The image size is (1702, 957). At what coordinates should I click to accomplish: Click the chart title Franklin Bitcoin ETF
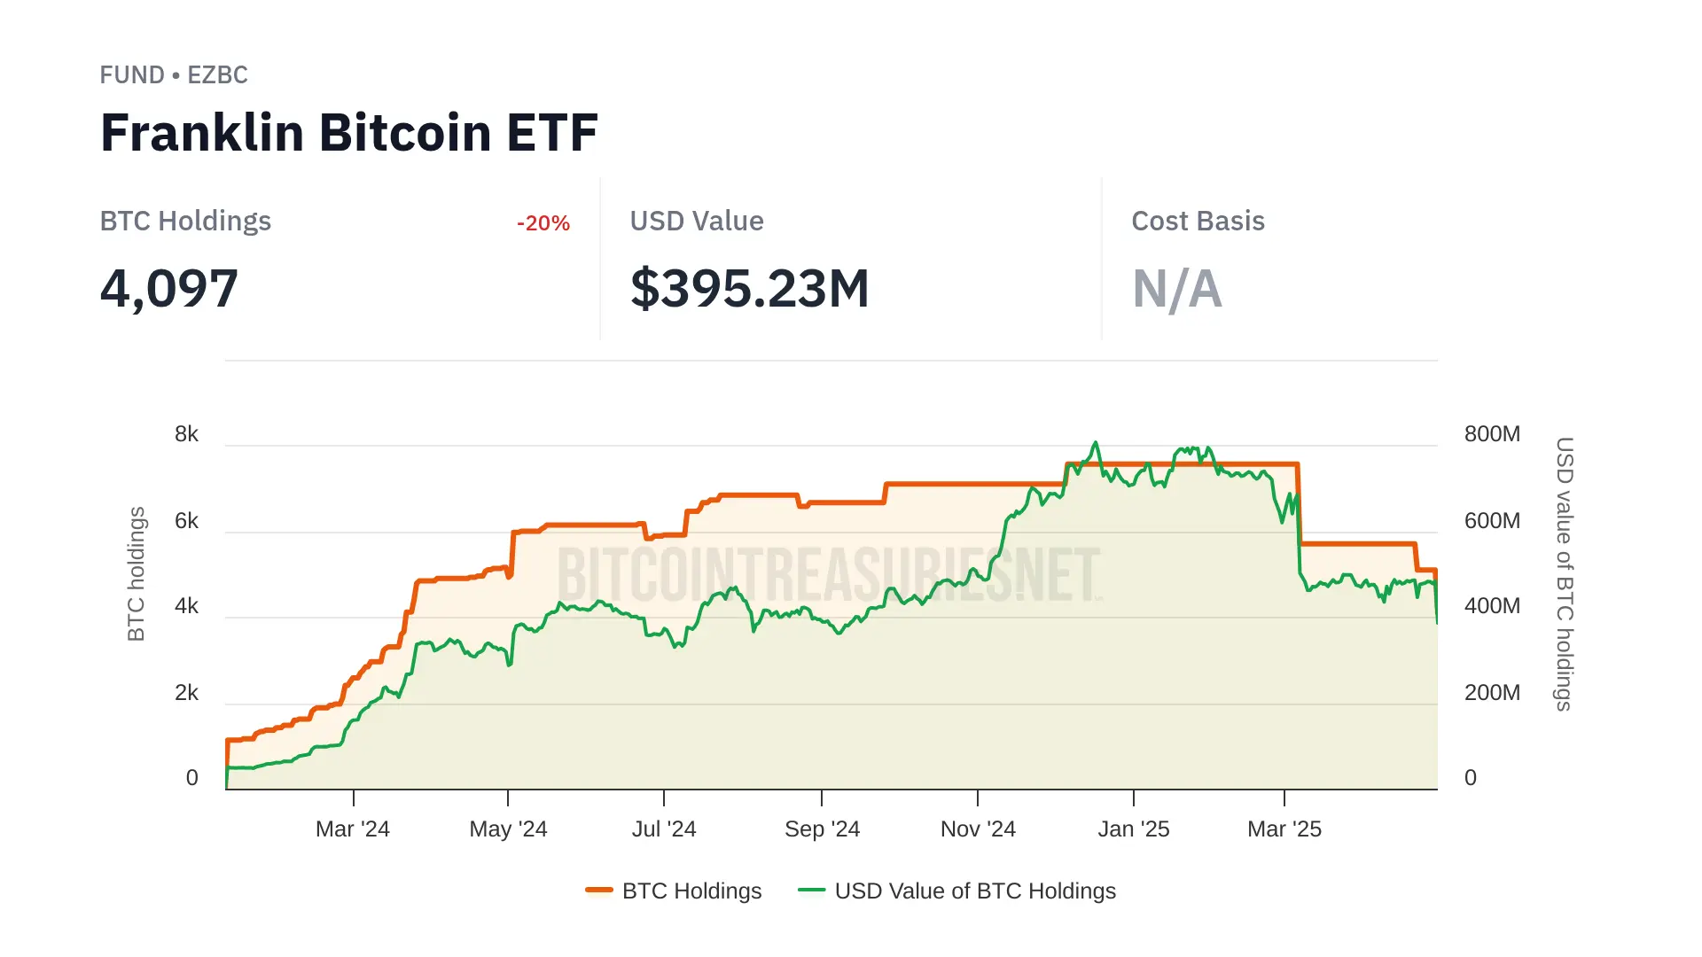(x=348, y=133)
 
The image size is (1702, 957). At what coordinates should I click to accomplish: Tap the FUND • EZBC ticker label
(x=174, y=75)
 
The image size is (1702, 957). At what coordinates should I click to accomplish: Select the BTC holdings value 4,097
(x=169, y=289)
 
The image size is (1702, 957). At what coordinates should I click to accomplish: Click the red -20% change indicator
(x=543, y=223)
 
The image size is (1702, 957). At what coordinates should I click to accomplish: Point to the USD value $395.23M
(x=749, y=289)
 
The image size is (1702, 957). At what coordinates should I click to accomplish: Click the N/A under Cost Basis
(x=1176, y=289)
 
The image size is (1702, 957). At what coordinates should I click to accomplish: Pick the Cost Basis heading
(x=1198, y=222)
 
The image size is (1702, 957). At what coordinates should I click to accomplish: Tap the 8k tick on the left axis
(x=186, y=434)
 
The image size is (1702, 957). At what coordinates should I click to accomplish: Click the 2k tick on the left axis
(x=186, y=693)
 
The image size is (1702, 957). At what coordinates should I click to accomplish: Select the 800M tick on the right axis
(x=1492, y=434)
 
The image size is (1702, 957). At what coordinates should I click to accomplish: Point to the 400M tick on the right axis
(x=1492, y=606)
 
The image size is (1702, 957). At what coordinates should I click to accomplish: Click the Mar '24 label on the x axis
(x=353, y=829)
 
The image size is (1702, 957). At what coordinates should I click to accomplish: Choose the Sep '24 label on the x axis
(x=822, y=829)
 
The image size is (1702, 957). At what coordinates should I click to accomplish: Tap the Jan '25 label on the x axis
(x=1133, y=829)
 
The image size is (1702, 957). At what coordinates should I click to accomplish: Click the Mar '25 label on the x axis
(x=1284, y=829)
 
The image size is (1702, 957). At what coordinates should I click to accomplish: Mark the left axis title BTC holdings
(x=136, y=574)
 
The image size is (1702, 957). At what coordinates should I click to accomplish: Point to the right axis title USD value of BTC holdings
(x=1565, y=574)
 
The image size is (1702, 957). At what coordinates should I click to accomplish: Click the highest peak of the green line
(x=1096, y=443)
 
